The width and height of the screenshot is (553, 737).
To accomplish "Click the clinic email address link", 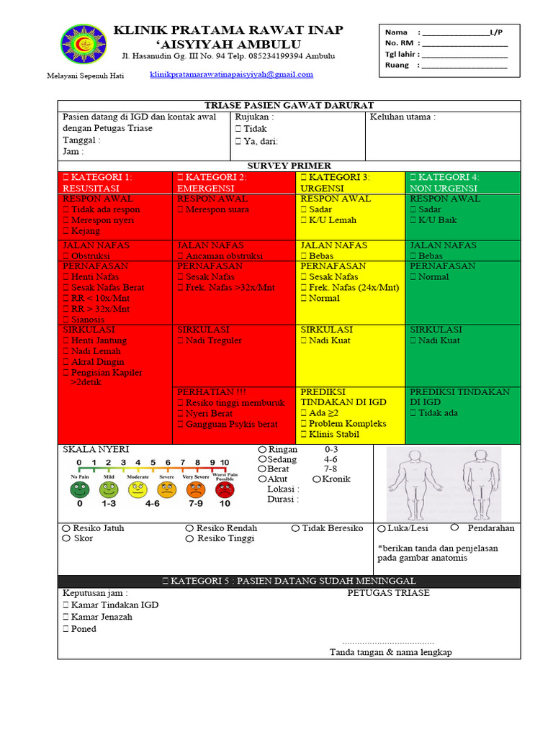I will coord(231,75).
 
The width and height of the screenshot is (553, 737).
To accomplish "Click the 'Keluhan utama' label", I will coord(403,117).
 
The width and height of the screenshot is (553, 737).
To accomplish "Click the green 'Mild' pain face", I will coord(109,490).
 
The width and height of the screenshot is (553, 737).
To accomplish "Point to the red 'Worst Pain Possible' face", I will coord(225,490).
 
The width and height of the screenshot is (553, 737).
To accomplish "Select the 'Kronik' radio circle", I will coord(318,479).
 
